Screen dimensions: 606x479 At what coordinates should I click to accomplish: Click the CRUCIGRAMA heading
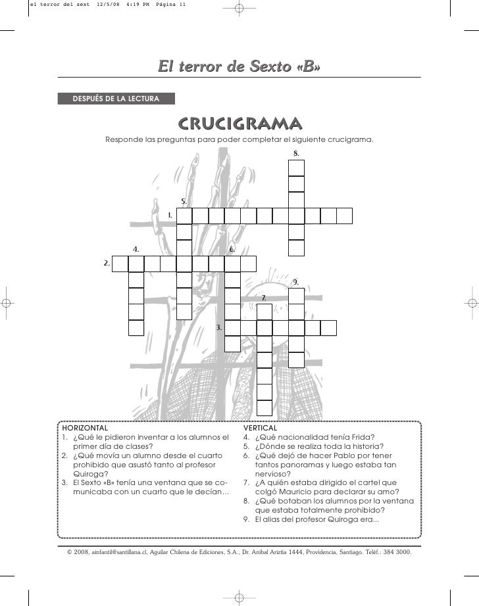tap(239, 124)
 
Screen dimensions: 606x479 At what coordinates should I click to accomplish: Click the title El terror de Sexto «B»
tap(239, 66)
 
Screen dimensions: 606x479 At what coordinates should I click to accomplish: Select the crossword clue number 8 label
tap(296, 153)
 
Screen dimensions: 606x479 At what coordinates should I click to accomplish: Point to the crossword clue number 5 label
tap(184, 201)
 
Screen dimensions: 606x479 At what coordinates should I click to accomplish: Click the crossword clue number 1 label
tap(170, 215)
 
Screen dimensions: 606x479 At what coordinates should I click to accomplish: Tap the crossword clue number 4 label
tap(136, 249)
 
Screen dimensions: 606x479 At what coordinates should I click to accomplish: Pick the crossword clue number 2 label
tap(105, 263)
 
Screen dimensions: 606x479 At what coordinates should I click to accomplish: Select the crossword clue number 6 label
tap(232, 250)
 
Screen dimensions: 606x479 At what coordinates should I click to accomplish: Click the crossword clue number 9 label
tap(296, 281)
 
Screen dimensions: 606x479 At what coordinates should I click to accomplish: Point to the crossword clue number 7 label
tap(264, 298)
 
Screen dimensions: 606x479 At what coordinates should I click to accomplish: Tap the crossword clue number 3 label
tap(218, 327)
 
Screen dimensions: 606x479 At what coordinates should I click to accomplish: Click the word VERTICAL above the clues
tap(261, 427)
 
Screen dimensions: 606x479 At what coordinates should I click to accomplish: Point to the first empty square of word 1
tap(184, 216)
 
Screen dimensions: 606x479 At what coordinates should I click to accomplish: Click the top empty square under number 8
tap(296, 168)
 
